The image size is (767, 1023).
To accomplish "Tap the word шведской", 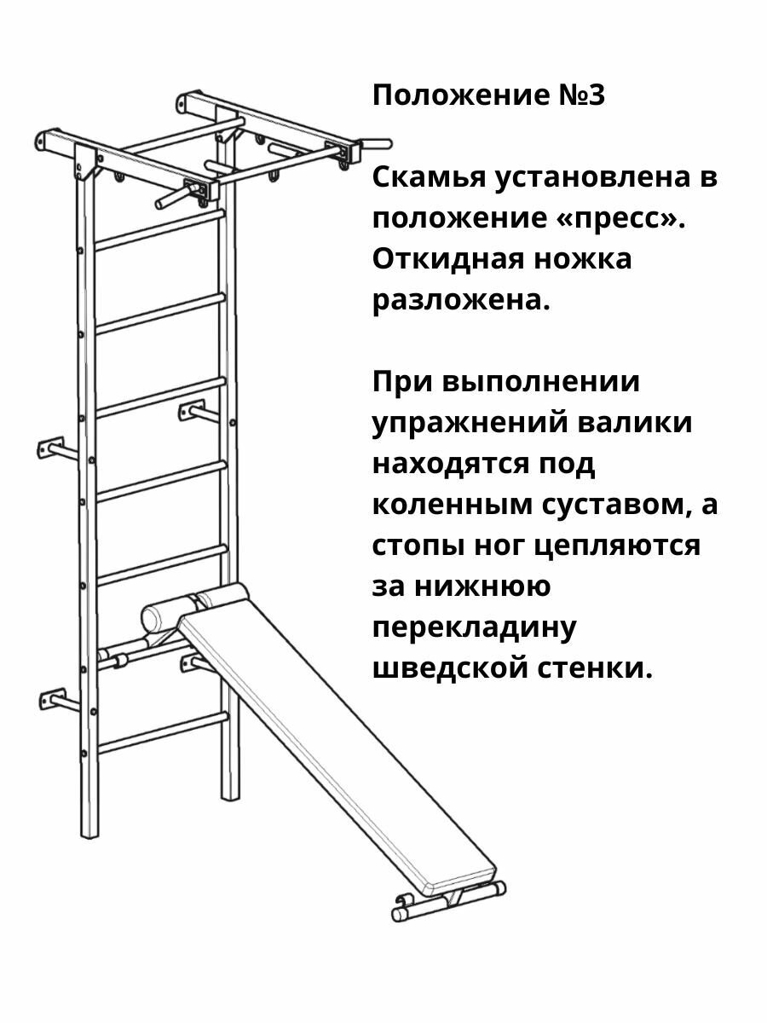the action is click(455, 668).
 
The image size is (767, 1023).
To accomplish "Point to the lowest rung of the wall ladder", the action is click(161, 733).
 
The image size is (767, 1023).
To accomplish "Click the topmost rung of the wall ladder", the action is click(159, 230).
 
